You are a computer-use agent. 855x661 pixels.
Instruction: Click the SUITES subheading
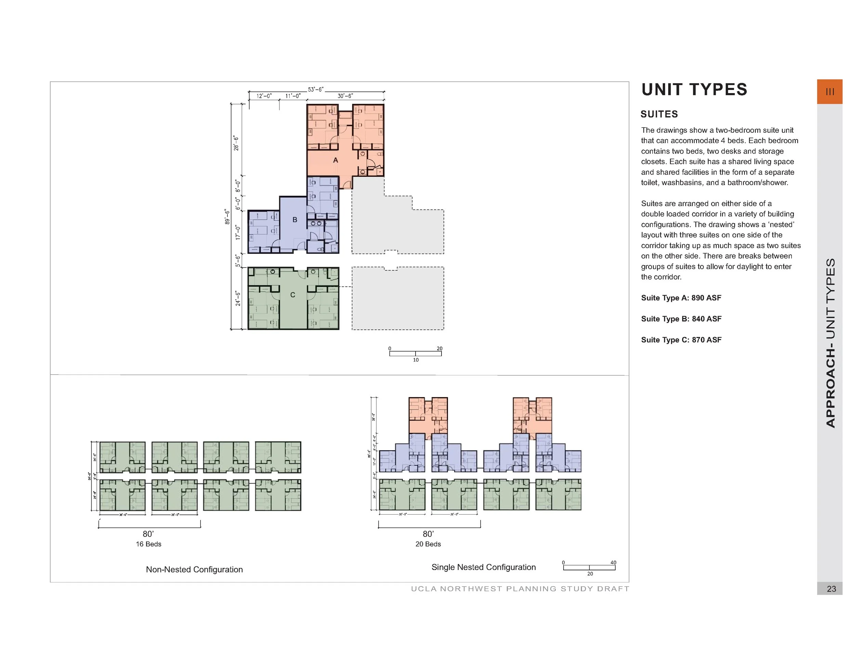659,114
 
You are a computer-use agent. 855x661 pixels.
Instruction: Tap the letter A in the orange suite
336,160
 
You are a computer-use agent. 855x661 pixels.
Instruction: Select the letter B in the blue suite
295,220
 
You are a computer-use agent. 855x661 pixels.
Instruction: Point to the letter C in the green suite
292,295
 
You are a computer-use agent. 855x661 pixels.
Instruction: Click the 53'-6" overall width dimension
316,89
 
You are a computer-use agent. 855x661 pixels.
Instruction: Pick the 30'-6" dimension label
345,96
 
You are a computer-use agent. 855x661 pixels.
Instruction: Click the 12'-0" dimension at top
264,96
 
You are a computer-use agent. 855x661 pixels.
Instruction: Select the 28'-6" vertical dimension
236,143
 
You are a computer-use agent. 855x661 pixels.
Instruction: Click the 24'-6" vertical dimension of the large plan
238,298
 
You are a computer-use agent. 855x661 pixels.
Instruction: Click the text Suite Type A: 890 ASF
681,298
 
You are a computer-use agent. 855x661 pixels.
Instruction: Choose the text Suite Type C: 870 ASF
681,340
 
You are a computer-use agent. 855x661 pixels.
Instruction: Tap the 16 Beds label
148,544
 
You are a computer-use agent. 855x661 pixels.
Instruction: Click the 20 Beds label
428,544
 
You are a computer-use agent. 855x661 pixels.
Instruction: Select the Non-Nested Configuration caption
194,569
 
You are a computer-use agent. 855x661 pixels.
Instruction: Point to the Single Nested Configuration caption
483,567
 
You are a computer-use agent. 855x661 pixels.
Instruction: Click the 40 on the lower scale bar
613,562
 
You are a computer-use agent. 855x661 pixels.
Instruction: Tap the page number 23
831,588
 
